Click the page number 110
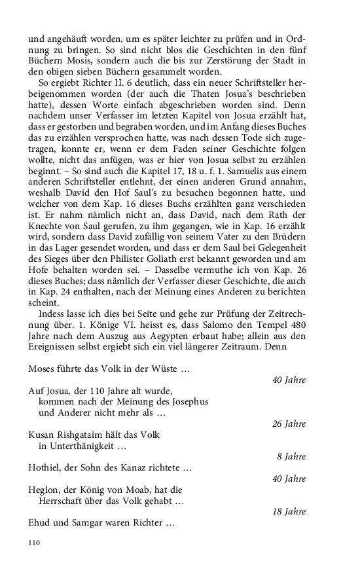[x=35, y=543]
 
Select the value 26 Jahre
[x=289, y=423]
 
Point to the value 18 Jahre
[x=289, y=512]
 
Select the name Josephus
[x=186, y=402]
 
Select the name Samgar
[x=94, y=524]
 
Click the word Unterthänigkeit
[x=81, y=446]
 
